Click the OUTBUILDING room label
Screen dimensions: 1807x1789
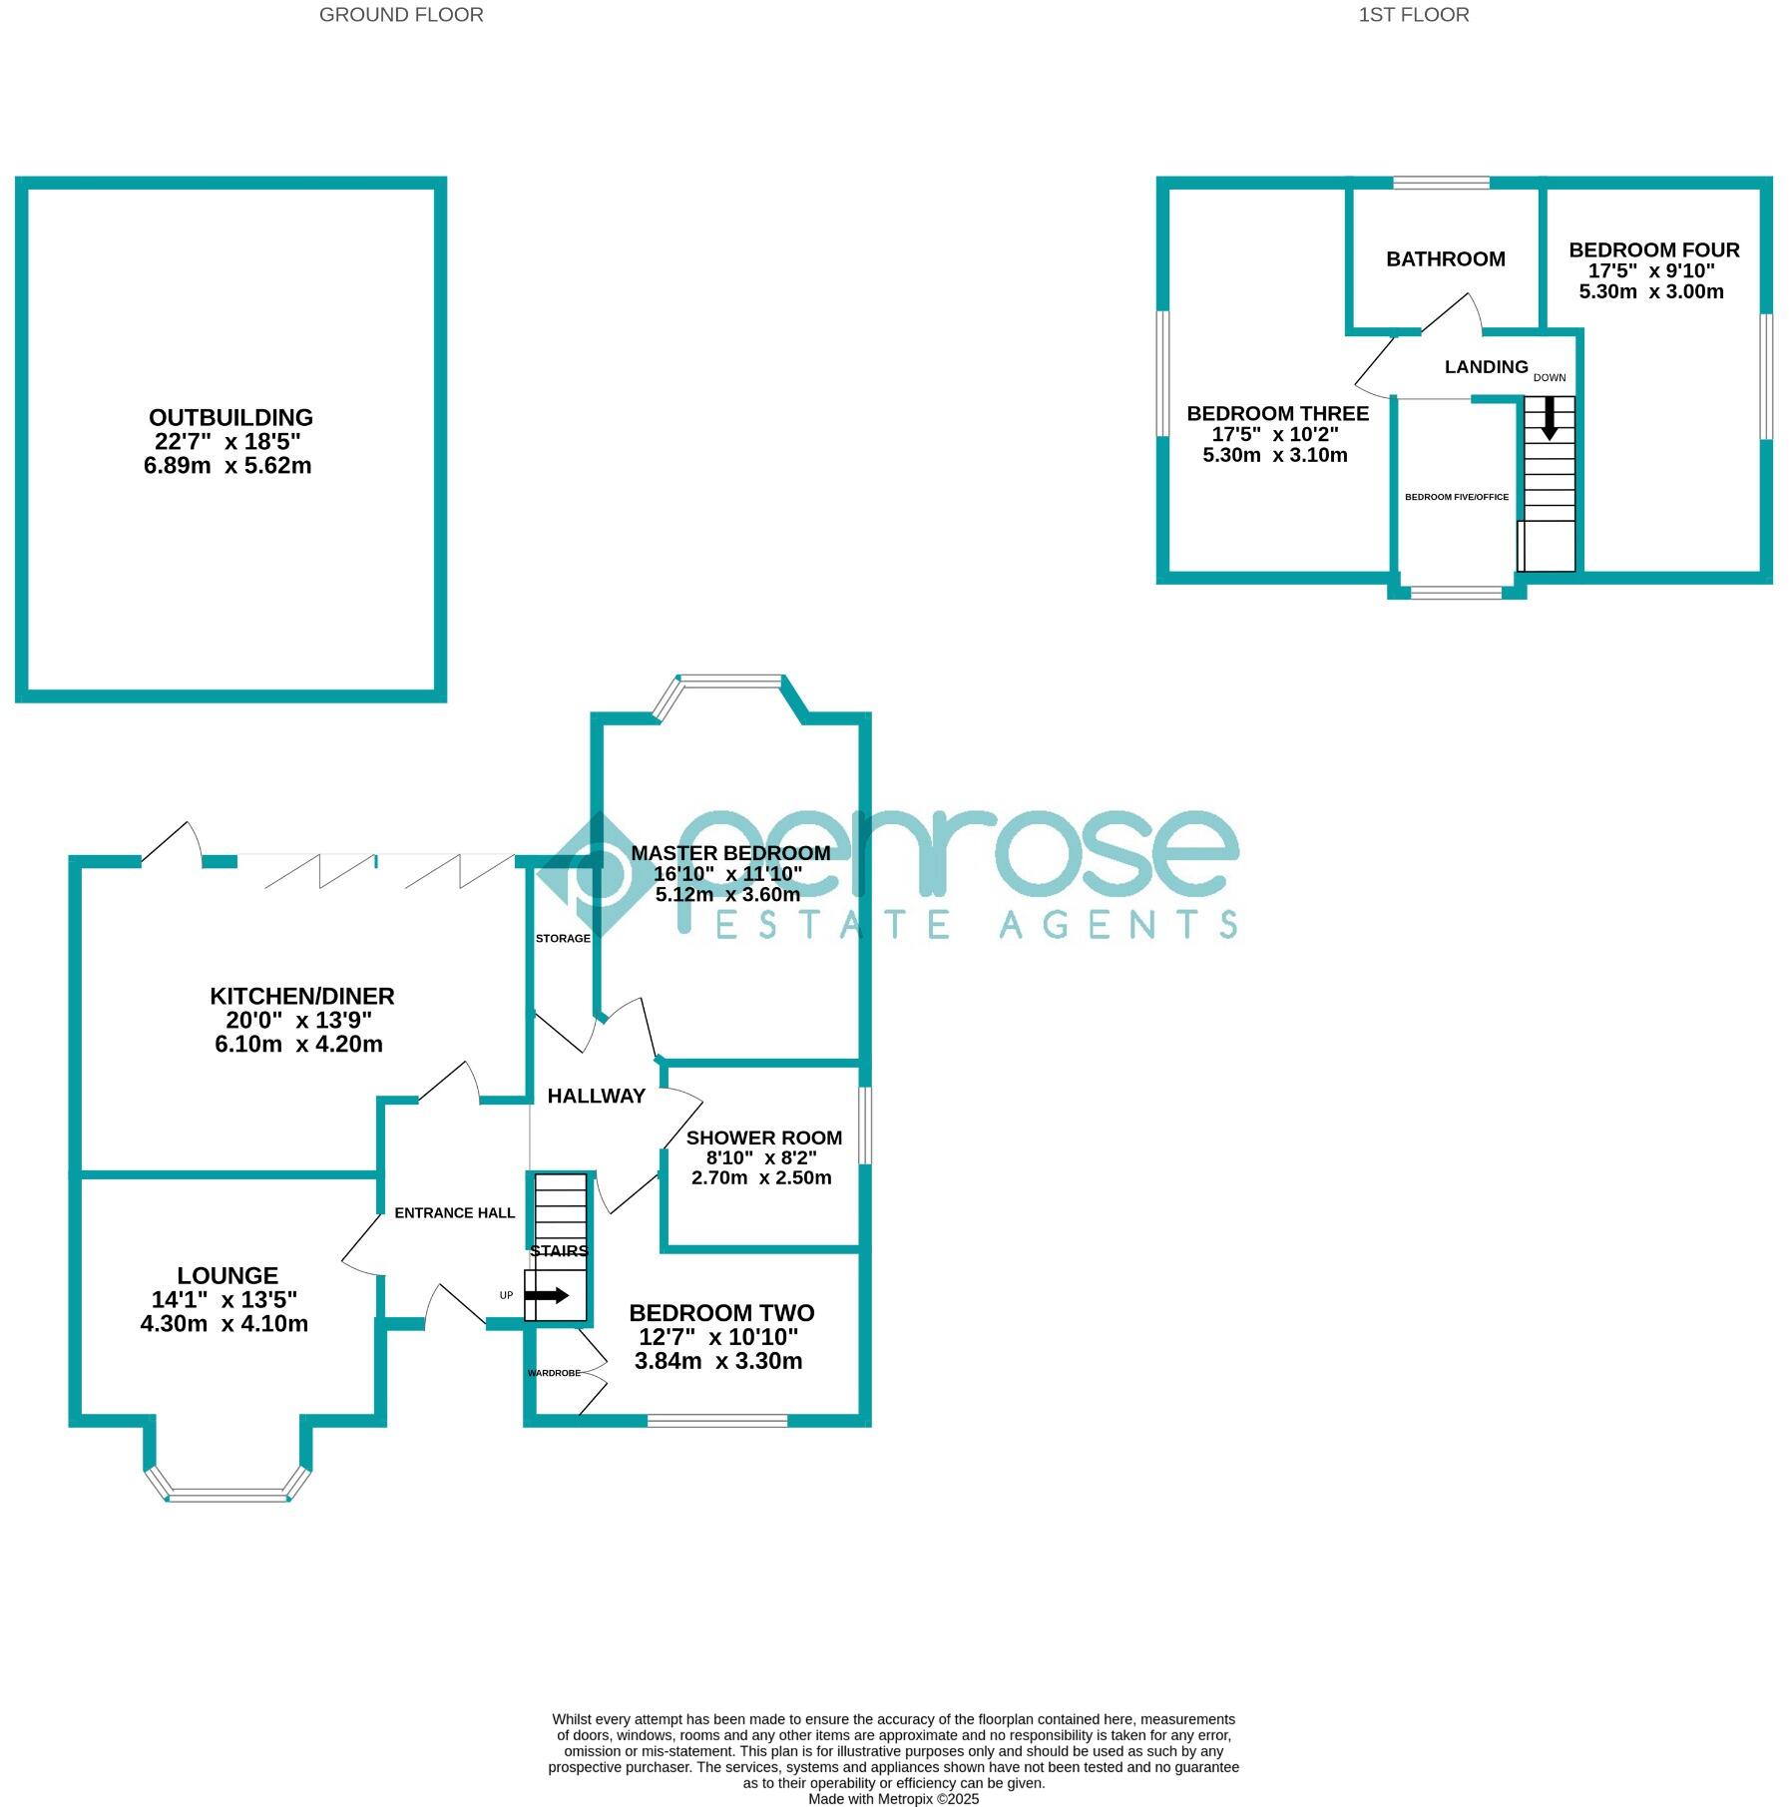(x=230, y=418)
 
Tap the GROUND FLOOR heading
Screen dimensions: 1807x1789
(x=401, y=15)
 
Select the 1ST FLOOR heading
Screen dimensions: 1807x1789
(x=1413, y=15)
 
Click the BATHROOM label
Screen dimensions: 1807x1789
(x=1445, y=259)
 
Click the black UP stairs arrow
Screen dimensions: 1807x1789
(x=546, y=1295)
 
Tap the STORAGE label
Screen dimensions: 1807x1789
(x=563, y=939)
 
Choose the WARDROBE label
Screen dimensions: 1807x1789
(x=554, y=1373)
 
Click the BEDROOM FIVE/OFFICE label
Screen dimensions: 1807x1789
(x=1456, y=497)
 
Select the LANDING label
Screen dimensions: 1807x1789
(x=1486, y=367)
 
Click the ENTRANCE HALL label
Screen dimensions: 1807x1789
(x=454, y=1213)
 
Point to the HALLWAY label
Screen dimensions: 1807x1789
(x=596, y=1097)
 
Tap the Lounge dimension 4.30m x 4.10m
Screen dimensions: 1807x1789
(x=224, y=1324)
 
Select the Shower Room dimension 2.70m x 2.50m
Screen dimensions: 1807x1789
(x=761, y=1177)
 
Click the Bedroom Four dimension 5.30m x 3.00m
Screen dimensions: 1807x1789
(x=1651, y=291)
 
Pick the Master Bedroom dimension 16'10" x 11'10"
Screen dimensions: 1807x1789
(x=728, y=874)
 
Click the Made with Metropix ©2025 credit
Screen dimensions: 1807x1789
(x=893, y=1799)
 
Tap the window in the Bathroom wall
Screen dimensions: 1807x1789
(x=1441, y=183)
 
